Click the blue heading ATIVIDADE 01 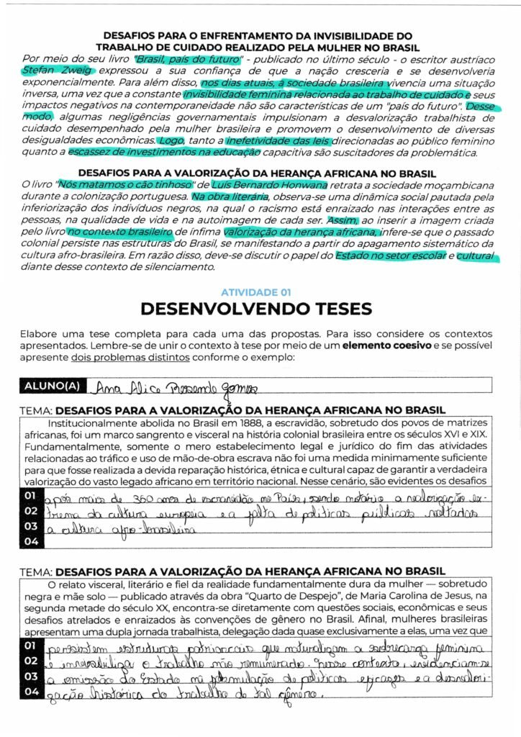[x=255, y=292]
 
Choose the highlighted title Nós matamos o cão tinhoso [x=119, y=185]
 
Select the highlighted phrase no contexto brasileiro [x=120, y=232]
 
